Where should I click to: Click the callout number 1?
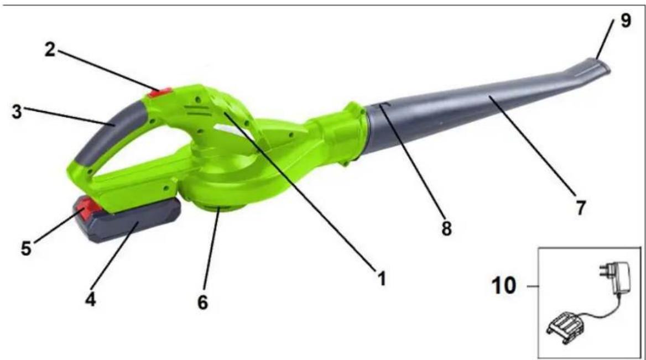pyautogui.click(x=382, y=279)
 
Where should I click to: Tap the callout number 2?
pyautogui.click(x=49, y=50)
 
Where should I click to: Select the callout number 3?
pyautogui.click(x=17, y=112)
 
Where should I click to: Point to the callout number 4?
pyautogui.click(x=90, y=300)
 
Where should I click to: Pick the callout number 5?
pyautogui.click(x=27, y=248)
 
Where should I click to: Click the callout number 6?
pyautogui.click(x=202, y=302)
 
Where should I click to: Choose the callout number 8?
pyautogui.click(x=446, y=229)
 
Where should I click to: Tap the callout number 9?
pyautogui.click(x=626, y=20)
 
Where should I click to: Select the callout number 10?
pyautogui.click(x=504, y=285)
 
